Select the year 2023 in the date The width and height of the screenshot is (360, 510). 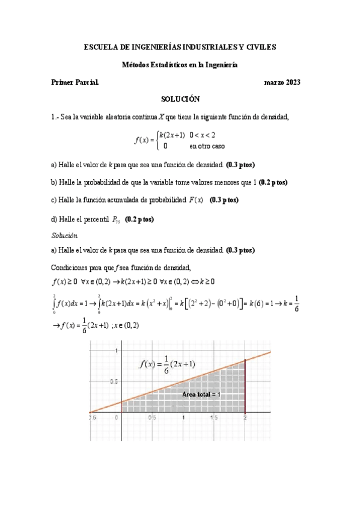pos(291,82)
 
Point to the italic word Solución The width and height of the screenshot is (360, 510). pos(64,235)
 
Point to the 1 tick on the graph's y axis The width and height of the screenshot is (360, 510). pos(117,350)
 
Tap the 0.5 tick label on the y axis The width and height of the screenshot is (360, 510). pos(113,382)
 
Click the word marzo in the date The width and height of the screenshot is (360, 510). pos(273,82)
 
